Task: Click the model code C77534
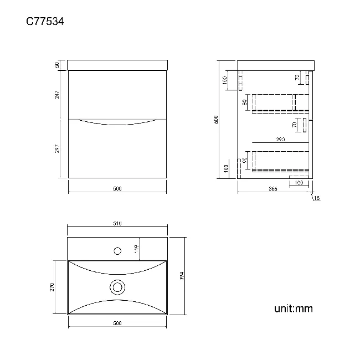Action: click(46, 22)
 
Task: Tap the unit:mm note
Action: click(293, 308)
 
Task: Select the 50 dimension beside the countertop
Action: click(57, 65)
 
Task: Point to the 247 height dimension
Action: click(57, 95)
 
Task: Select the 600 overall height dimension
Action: click(217, 119)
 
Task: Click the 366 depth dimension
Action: click(272, 189)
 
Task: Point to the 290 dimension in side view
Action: click(280, 140)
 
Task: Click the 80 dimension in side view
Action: click(245, 102)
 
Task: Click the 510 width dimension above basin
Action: click(117, 224)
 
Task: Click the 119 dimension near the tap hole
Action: click(136, 249)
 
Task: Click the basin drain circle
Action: click(117, 287)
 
